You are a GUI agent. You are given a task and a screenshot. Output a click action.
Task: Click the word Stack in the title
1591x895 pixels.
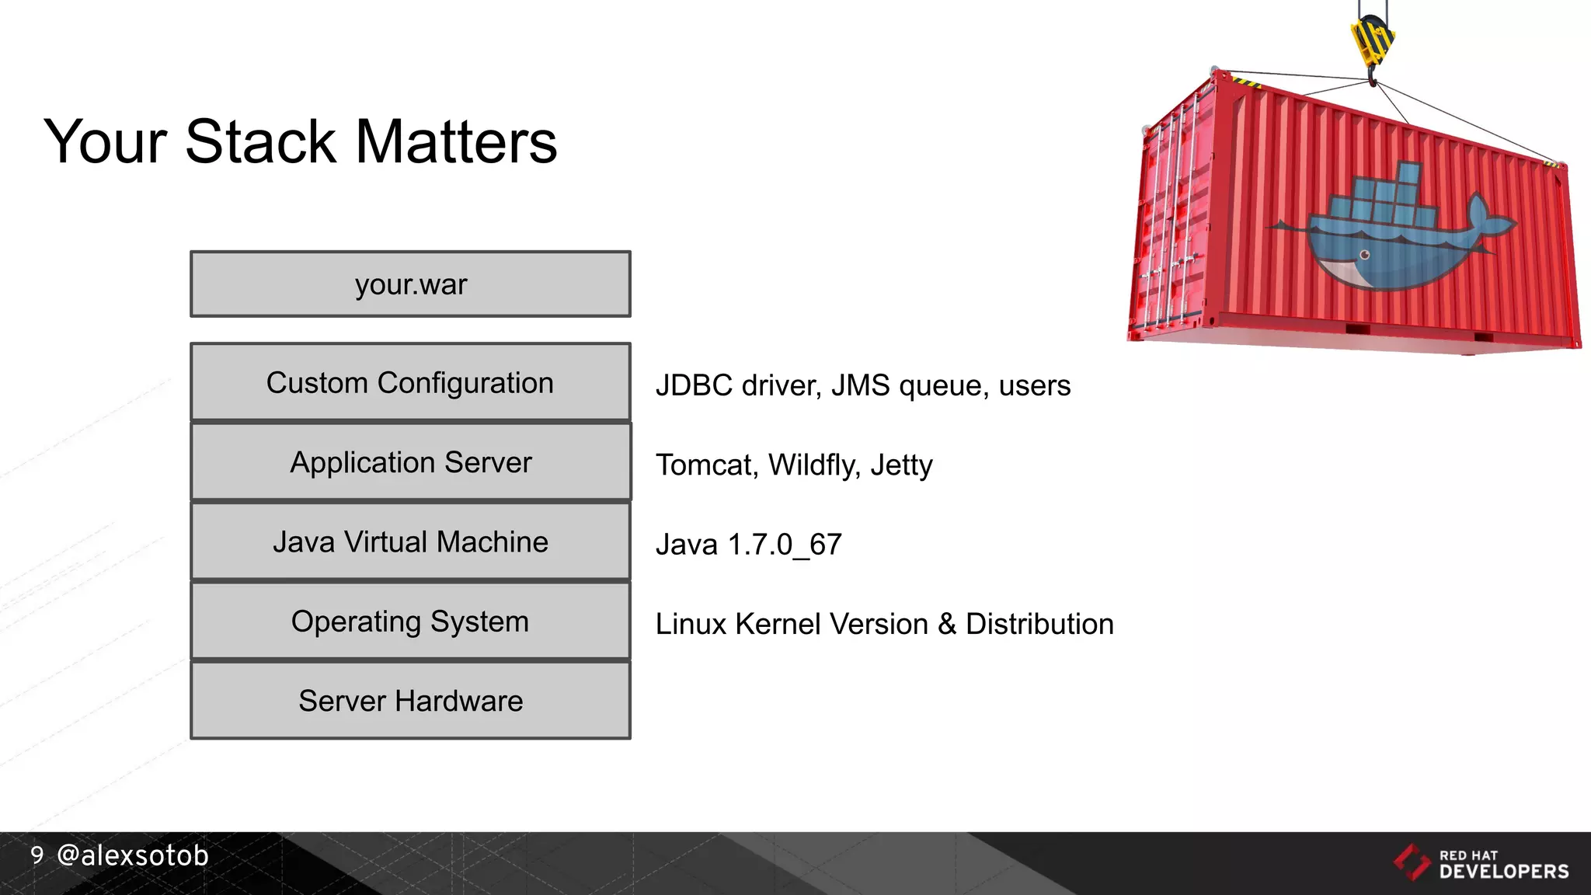click(x=260, y=142)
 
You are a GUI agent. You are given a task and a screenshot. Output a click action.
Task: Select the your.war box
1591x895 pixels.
click(x=410, y=284)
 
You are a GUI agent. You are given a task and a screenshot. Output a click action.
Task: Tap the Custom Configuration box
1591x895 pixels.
click(x=410, y=382)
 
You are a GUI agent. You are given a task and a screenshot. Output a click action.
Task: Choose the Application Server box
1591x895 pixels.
click(x=410, y=462)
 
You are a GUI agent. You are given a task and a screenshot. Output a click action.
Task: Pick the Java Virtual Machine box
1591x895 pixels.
click(x=410, y=542)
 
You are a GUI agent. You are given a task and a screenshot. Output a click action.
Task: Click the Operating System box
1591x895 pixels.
click(x=410, y=622)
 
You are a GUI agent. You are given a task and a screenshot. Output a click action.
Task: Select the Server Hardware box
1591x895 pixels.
click(x=410, y=701)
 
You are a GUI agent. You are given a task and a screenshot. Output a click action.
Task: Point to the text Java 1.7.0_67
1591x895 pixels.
click(x=748, y=545)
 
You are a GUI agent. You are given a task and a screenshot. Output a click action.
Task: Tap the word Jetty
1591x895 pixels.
click(x=901, y=465)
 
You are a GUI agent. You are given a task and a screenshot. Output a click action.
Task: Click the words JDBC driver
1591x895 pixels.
click(x=738, y=385)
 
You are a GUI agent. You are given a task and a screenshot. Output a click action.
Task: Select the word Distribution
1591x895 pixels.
click(x=1039, y=624)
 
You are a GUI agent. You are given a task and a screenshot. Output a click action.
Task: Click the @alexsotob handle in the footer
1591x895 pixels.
click(x=133, y=855)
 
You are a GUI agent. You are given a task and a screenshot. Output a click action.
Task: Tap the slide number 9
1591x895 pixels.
click(x=37, y=855)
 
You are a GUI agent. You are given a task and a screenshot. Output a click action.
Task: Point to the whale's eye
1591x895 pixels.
click(x=1365, y=255)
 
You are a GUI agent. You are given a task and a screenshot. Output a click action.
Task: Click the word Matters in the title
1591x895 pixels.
click(x=456, y=142)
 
